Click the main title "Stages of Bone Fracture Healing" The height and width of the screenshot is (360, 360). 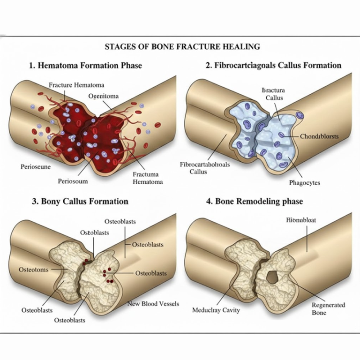click(180, 47)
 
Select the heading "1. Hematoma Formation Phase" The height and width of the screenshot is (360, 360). click(85, 65)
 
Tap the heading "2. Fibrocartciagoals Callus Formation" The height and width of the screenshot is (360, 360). click(273, 65)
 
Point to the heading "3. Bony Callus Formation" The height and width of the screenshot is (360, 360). click(80, 202)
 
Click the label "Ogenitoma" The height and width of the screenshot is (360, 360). click(103, 96)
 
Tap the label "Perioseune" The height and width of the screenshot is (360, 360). click(36, 166)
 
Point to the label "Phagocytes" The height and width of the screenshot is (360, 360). click(304, 183)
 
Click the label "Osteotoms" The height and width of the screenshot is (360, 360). click(34, 270)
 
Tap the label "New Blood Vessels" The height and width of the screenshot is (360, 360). click(153, 304)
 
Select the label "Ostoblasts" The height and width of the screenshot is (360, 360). click(95, 232)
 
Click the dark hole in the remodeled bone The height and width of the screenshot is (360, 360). click(272, 278)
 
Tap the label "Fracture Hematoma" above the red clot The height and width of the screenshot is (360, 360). click(76, 85)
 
